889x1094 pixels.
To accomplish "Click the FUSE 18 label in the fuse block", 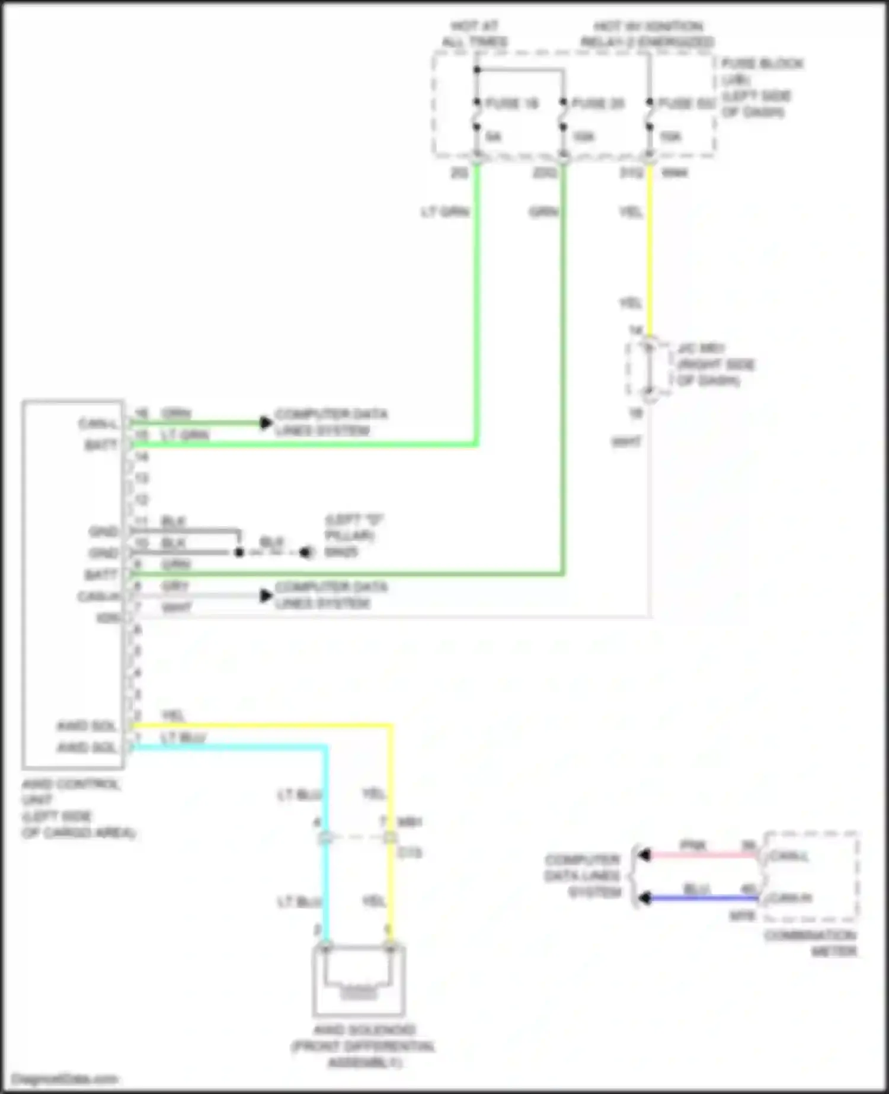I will [x=511, y=104].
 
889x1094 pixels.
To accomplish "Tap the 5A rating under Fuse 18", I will [x=493, y=137].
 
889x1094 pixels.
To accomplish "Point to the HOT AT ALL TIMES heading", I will [x=475, y=34].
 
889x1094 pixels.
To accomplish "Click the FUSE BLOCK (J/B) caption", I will [x=762, y=71].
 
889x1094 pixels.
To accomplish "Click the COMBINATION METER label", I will [x=811, y=943].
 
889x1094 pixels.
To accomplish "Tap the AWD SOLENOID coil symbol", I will [x=359, y=991].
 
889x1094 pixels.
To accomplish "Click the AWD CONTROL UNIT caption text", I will [x=71, y=792].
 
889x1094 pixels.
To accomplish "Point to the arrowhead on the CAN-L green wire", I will [x=266, y=423].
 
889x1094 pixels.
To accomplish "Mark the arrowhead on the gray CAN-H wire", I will [x=266, y=596].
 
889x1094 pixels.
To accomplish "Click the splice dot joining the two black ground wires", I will [x=239, y=552].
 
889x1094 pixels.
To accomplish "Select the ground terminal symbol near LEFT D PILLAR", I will [x=305, y=552].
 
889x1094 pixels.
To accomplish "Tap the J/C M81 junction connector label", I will [x=701, y=348].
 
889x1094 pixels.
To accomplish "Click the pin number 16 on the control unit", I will [x=141, y=413].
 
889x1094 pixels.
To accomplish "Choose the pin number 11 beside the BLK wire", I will [x=141, y=522].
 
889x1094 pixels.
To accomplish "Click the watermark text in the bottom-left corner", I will [x=64, y=1079].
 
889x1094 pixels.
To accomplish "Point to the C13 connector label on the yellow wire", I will [x=409, y=853].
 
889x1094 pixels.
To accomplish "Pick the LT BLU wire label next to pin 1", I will [x=183, y=738].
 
